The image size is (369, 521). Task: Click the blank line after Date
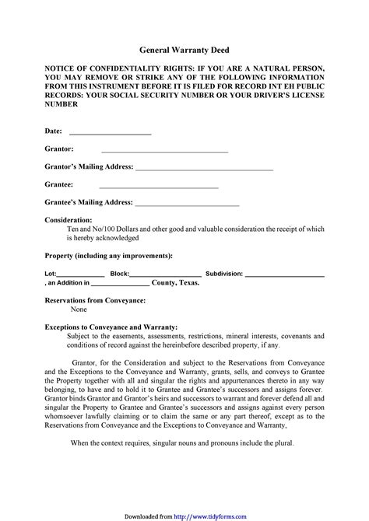coord(110,132)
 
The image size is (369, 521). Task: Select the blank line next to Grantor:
coord(153,150)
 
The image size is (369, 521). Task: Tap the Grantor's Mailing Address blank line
coord(204,168)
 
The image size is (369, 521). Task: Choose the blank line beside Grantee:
coord(159,186)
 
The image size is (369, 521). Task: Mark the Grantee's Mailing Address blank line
coord(187,204)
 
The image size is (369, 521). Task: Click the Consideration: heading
coord(69,220)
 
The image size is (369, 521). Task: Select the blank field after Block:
coord(165,274)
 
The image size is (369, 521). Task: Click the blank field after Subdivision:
coord(284,274)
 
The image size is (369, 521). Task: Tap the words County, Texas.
coord(175,283)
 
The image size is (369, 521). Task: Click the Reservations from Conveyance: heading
coord(95,299)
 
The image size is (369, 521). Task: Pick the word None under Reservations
coord(79,309)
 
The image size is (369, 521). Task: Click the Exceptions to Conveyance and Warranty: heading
coord(111,327)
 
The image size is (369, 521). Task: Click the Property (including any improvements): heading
coord(108,255)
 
